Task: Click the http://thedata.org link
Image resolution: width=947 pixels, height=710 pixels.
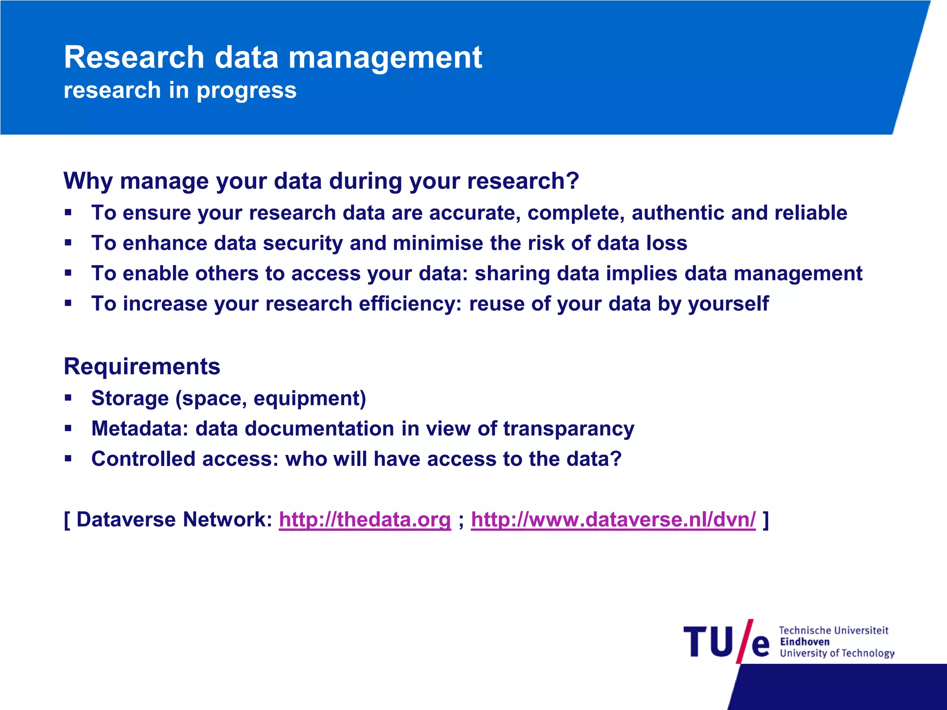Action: [364, 520]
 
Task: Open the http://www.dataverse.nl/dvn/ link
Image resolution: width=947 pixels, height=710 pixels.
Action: [613, 520]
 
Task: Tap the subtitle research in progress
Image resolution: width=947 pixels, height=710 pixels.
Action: [180, 90]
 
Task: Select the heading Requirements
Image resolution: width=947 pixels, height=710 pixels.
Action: [142, 367]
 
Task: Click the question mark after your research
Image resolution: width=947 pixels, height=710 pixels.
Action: [572, 180]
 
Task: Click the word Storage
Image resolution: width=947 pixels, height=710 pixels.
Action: [130, 398]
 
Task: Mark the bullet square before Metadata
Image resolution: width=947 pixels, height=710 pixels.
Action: [68, 428]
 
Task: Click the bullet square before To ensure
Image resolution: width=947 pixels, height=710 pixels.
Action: [68, 213]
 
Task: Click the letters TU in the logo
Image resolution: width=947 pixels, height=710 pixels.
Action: [708, 642]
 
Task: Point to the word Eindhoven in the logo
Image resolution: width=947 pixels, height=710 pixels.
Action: [805, 642]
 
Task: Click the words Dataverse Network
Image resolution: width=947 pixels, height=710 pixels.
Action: [174, 520]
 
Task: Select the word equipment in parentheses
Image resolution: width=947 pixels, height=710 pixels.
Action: [309, 398]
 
